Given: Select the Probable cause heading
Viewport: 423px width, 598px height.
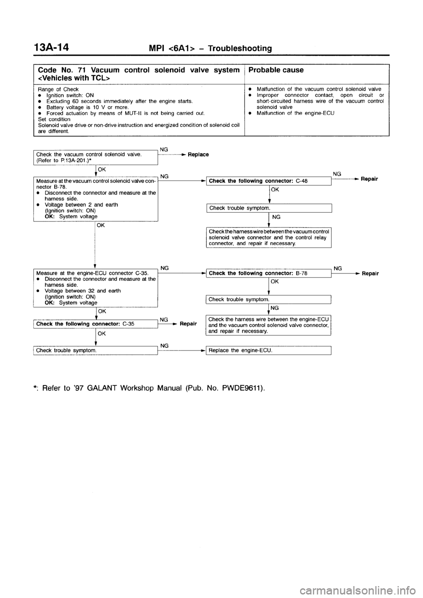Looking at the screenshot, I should [275, 70].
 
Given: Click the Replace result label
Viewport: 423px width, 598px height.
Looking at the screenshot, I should [198, 155].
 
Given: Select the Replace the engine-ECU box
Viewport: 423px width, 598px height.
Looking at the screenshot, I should [269, 351].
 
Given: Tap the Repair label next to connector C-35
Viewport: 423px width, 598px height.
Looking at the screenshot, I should [188, 323].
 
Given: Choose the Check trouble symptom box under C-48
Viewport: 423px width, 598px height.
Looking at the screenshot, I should [269, 208].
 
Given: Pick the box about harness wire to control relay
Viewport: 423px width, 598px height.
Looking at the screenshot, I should [269, 237].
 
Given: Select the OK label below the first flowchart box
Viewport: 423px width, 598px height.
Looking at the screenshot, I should [101, 169].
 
